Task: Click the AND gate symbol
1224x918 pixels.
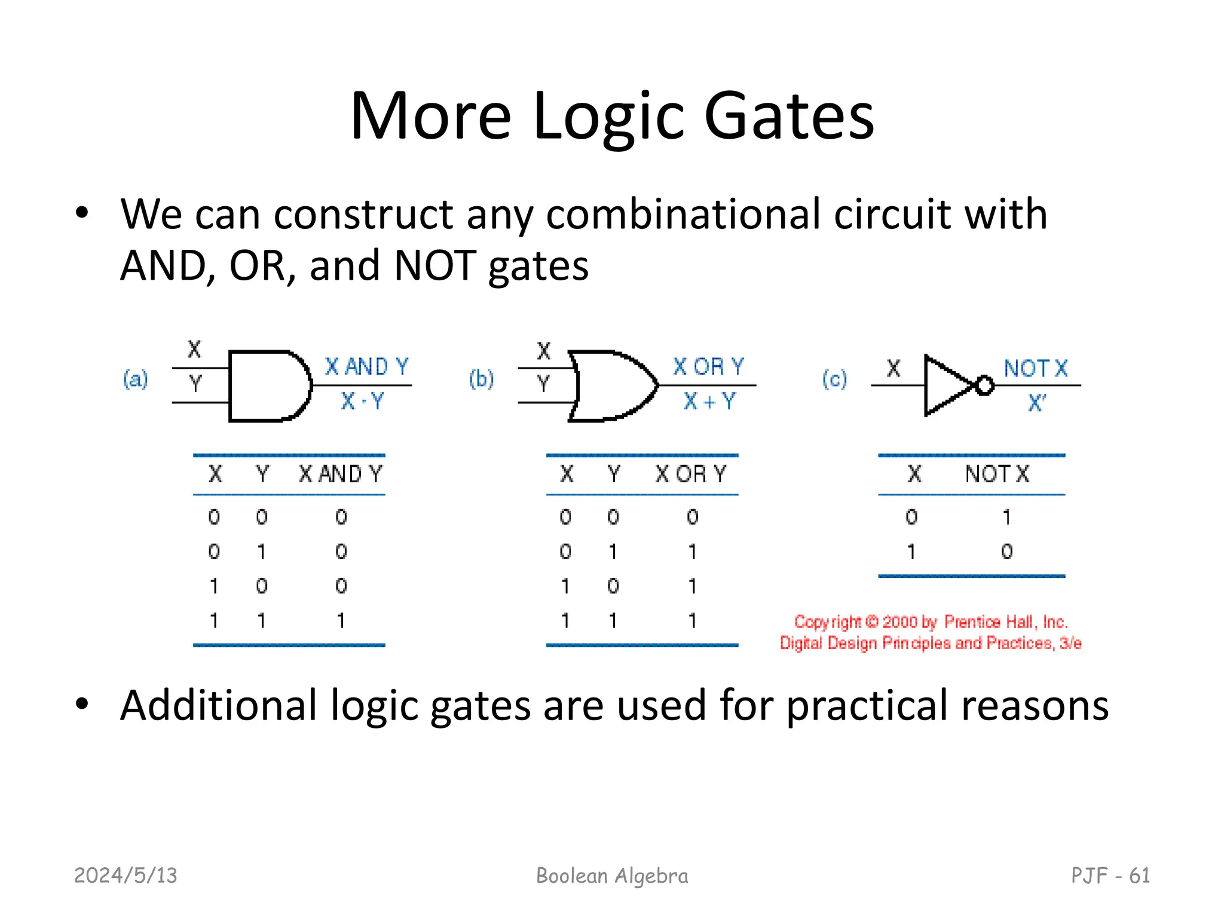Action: (269, 386)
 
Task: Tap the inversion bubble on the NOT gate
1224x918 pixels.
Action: (984, 386)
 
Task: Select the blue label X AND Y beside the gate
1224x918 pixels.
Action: (366, 366)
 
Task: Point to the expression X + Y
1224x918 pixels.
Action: (709, 402)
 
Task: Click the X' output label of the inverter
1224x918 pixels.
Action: (1036, 403)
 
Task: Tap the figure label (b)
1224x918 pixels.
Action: (481, 379)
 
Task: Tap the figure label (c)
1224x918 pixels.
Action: (834, 379)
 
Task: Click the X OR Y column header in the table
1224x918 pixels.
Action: (690, 475)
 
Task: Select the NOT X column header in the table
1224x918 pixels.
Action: (997, 475)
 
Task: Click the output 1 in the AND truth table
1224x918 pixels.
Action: (341, 621)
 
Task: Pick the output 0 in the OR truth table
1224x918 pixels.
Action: (692, 517)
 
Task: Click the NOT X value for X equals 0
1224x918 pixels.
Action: (1007, 517)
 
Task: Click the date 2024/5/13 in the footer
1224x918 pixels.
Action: (126, 876)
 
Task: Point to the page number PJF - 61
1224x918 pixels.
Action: (1110, 876)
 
